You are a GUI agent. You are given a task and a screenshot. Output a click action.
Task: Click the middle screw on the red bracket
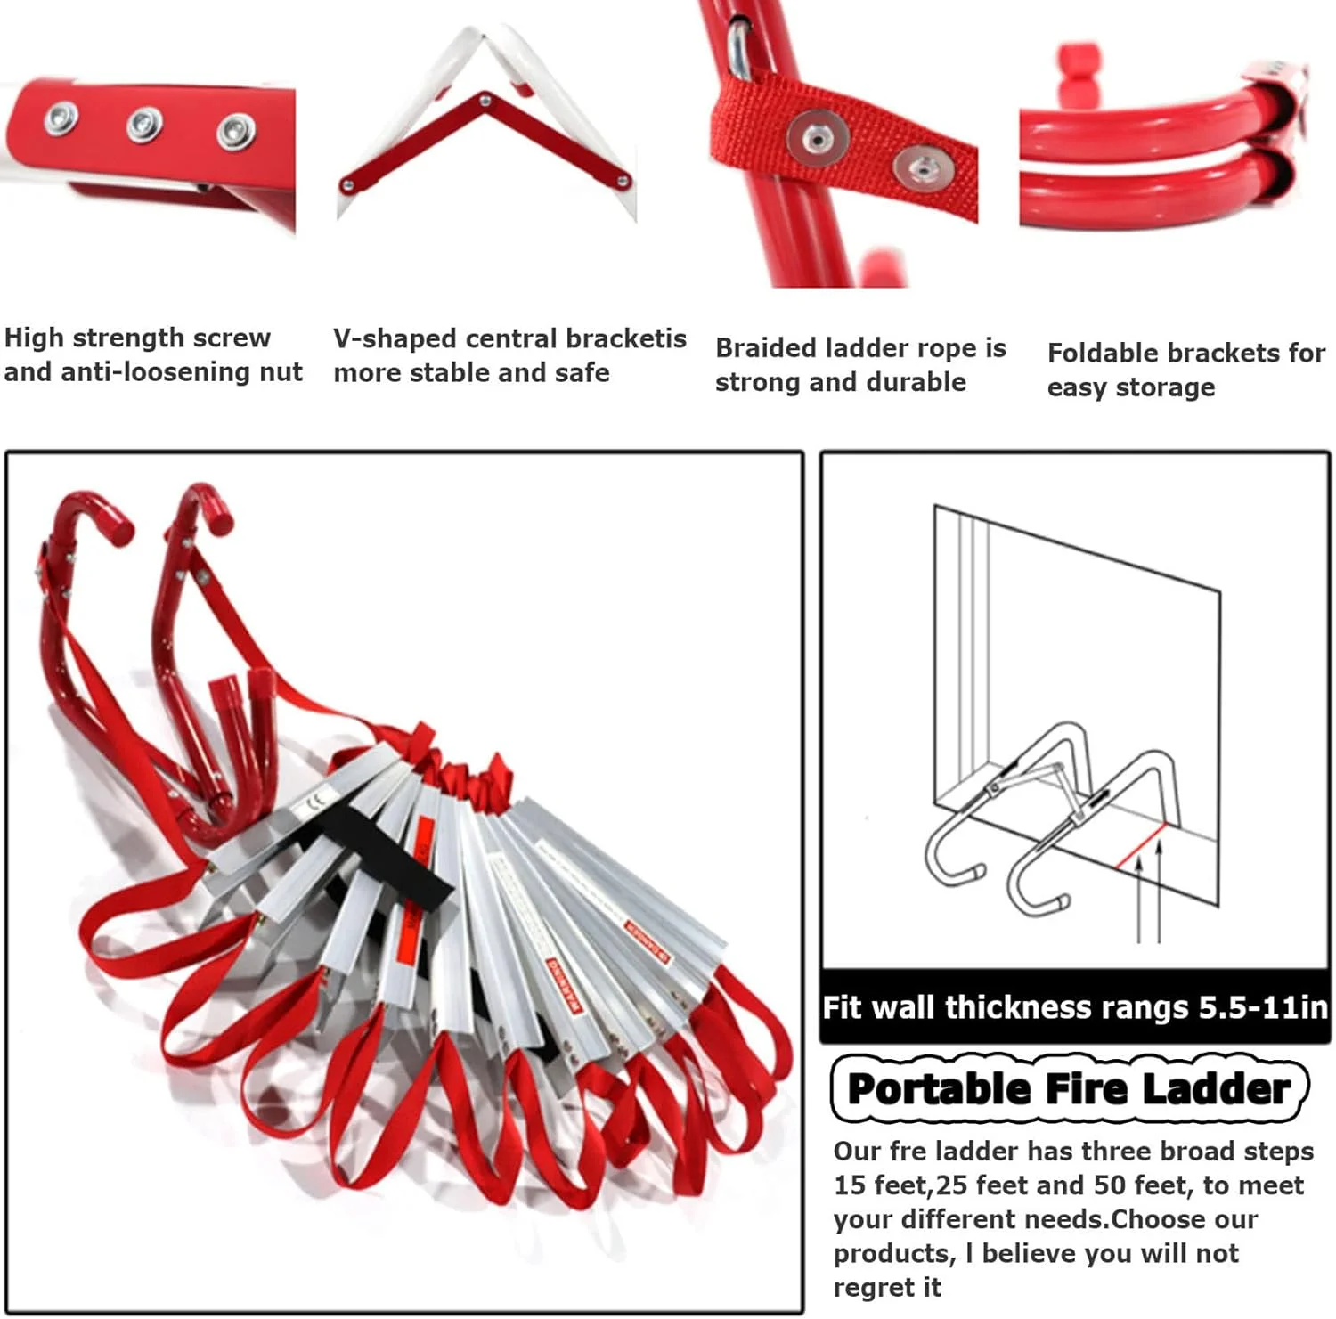click(x=143, y=124)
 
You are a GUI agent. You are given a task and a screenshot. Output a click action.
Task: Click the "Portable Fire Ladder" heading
click(x=1069, y=1088)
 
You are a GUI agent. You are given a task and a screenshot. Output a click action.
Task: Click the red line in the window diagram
click(x=1140, y=846)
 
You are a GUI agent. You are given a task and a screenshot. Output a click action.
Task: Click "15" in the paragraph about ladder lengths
click(x=850, y=1185)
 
